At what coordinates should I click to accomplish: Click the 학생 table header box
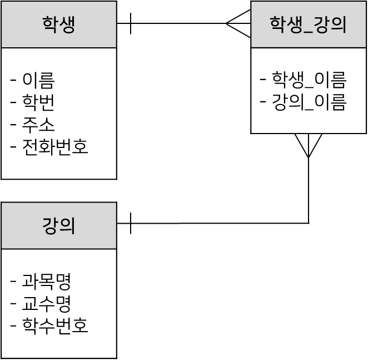(58, 24)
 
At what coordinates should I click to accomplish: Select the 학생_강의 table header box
(308, 24)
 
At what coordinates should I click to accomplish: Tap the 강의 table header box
(58, 225)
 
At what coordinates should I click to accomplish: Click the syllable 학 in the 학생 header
(51, 25)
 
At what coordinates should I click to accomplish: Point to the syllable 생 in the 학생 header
(67, 25)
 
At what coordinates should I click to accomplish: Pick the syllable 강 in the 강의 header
(51, 226)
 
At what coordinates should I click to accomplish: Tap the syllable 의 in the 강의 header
(67, 226)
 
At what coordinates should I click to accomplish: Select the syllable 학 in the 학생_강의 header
(277, 25)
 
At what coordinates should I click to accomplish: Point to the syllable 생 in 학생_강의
(294, 25)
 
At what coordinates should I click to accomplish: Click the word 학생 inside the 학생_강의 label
(285, 25)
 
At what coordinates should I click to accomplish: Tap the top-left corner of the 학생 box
(2, 2)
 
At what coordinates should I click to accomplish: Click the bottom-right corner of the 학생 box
(115, 46)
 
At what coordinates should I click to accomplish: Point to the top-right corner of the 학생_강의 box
(365, 2)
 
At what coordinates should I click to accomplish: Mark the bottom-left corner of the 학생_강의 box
(252, 46)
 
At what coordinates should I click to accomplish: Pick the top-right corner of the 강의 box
(115, 204)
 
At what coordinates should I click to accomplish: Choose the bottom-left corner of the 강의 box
(2, 247)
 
